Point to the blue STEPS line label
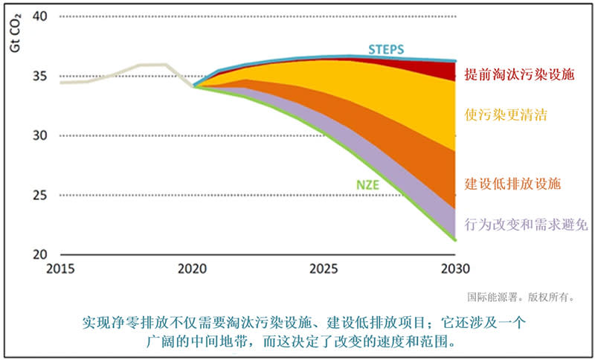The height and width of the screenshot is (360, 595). click(387, 49)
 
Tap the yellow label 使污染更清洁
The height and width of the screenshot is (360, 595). click(505, 115)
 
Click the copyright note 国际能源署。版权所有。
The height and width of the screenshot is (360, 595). click(521, 296)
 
